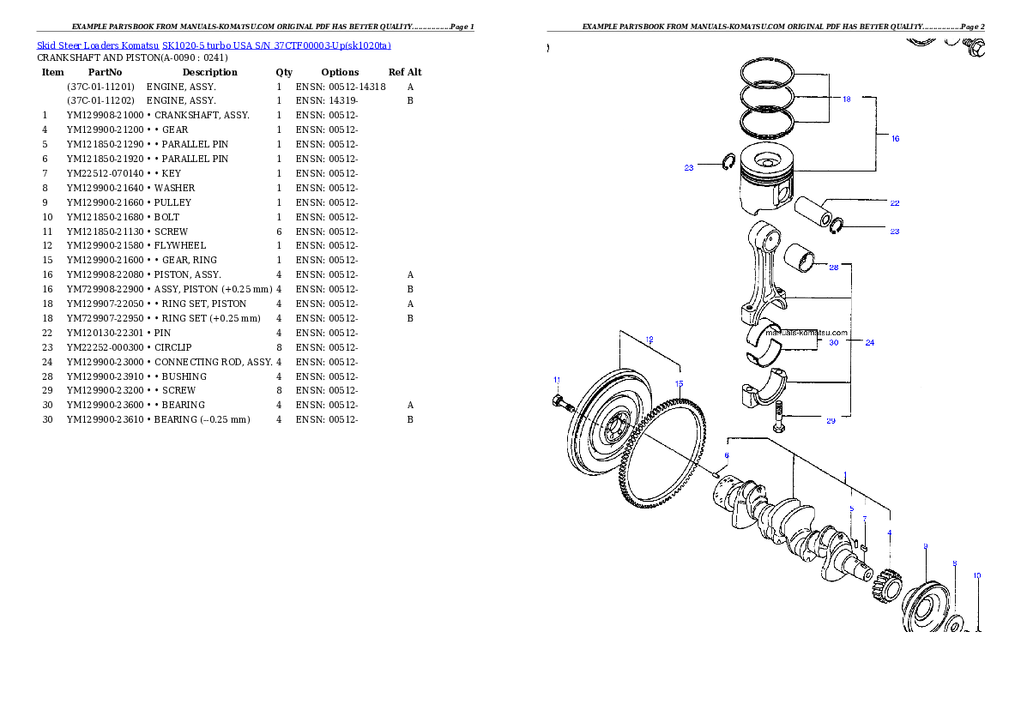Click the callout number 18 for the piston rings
(x=846, y=99)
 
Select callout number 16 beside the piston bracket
(x=895, y=138)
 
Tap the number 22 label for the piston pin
(x=894, y=203)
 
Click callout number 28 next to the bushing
(x=833, y=268)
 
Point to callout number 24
(x=869, y=342)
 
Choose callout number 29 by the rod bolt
(x=831, y=420)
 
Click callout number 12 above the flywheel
(x=649, y=340)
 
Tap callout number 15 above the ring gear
(x=679, y=383)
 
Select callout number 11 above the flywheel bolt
(x=556, y=379)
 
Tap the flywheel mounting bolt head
(x=558, y=402)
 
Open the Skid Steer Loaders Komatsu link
(x=214, y=45)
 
